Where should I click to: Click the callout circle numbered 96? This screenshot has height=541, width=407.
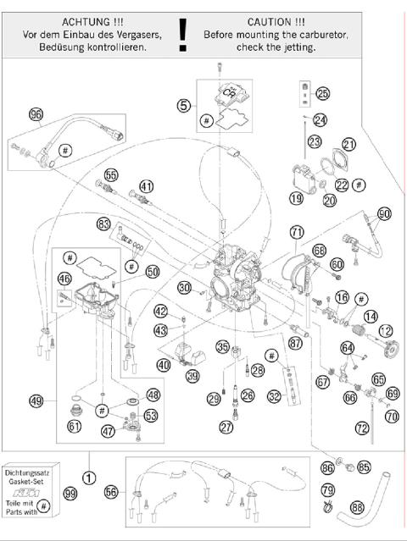coord(36,115)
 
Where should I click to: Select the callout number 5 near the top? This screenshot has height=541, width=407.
coord(183,106)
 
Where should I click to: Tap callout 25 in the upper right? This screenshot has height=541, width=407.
coord(322,93)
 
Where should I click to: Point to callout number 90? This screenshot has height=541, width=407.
coord(383,214)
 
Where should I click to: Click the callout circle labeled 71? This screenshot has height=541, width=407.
coord(296,231)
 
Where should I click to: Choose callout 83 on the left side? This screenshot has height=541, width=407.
coord(103,224)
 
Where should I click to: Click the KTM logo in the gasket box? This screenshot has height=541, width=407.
coord(31,493)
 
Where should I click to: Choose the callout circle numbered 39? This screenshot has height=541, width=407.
coord(192,376)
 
